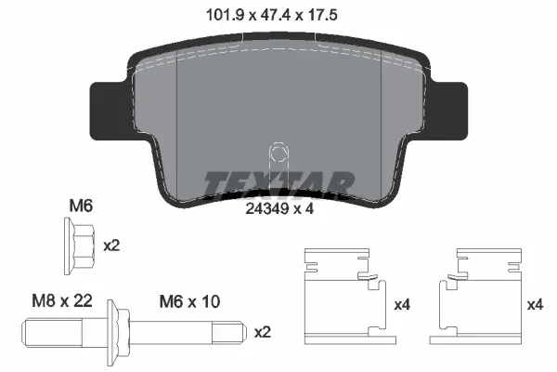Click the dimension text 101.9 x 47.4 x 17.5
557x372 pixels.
(x=272, y=15)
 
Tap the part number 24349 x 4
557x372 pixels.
(x=279, y=209)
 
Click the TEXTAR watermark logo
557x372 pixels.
(x=278, y=184)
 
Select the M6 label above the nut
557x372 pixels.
(x=81, y=206)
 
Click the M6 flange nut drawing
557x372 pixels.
(x=80, y=246)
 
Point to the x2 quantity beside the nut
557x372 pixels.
(x=111, y=246)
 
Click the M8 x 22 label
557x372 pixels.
(x=62, y=300)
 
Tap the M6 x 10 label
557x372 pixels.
(x=189, y=301)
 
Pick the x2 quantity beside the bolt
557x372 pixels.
(x=263, y=333)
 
